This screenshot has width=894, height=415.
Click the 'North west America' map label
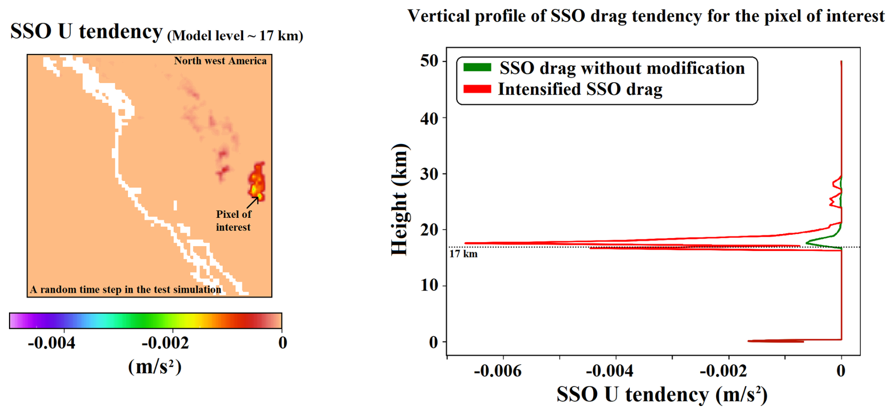[x=220, y=61]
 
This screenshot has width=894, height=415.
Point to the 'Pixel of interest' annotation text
[x=233, y=220]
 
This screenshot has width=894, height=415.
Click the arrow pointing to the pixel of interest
[x=252, y=202]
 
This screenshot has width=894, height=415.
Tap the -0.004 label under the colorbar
[x=52, y=343]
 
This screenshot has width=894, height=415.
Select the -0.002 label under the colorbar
[x=165, y=343]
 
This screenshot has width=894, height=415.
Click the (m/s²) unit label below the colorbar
[x=155, y=367]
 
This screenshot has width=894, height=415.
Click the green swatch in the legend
[x=477, y=68]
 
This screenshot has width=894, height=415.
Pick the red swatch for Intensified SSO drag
[x=477, y=89]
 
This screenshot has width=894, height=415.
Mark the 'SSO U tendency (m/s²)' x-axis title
[x=662, y=394]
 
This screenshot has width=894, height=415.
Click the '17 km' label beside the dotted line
[x=463, y=254]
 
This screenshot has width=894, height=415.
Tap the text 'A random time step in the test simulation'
[x=125, y=289]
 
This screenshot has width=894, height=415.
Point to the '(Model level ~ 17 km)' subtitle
[x=235, y=36]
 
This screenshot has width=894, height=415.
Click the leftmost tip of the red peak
[x=465, y=243]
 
